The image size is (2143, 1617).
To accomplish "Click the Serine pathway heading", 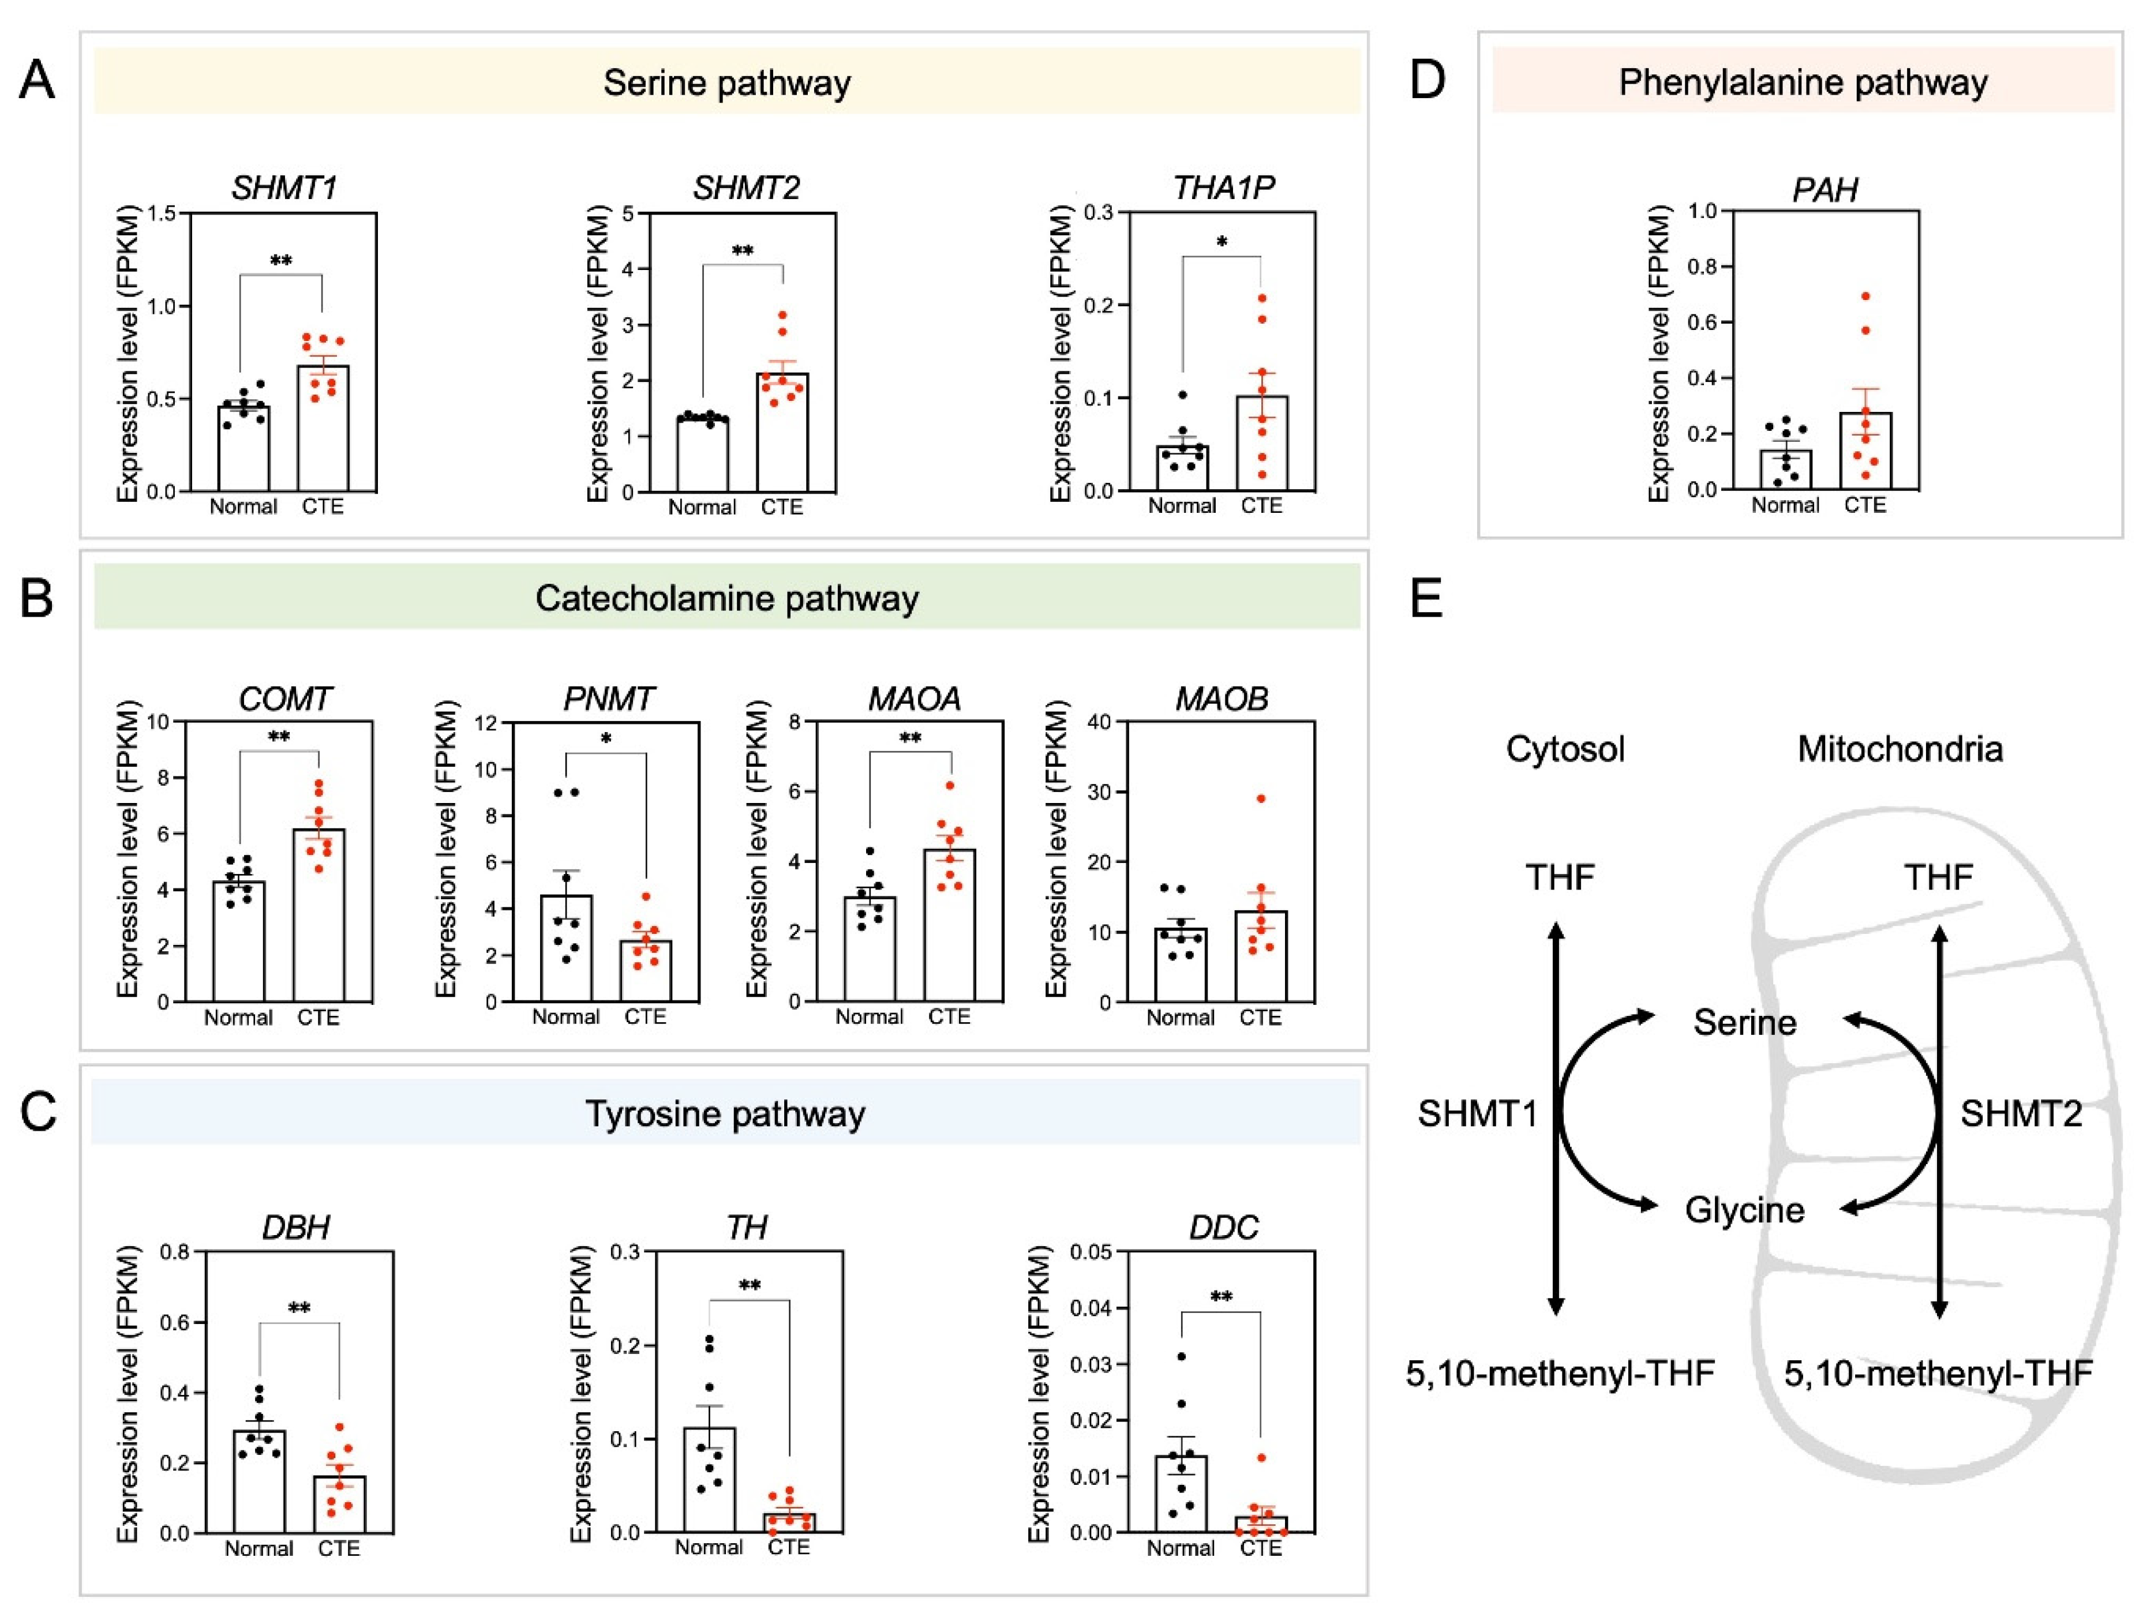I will point(726,83).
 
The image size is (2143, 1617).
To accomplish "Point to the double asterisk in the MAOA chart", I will point(910,738).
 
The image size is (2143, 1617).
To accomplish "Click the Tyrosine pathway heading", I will point(725,1114).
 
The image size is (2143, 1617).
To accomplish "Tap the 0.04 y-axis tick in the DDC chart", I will point(1091,1308).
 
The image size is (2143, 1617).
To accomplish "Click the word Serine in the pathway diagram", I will point(1745,1023).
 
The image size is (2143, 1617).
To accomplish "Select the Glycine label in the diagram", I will point(1745,1210).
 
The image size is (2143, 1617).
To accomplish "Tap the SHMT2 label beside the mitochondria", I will point(2021,1114).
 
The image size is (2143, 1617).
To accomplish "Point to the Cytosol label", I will point(1565,749).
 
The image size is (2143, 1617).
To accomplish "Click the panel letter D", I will point(1427,80).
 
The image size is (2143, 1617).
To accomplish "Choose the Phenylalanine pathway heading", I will point(1802,83).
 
